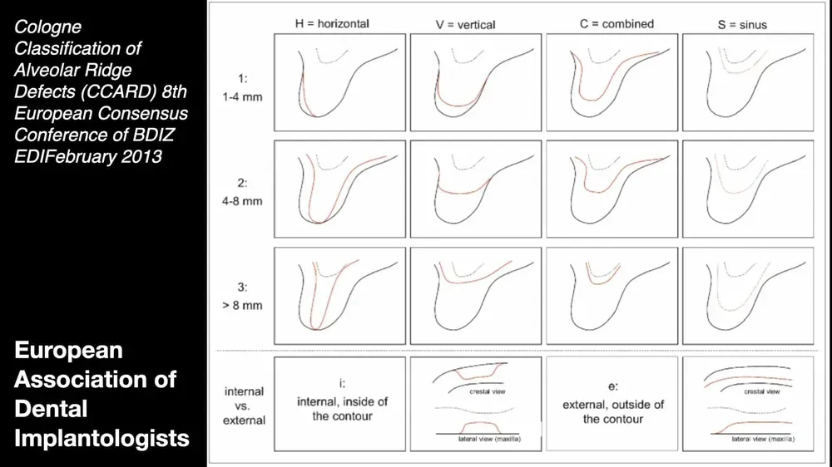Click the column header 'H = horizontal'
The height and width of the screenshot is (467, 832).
331,24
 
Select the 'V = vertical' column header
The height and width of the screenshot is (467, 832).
465,25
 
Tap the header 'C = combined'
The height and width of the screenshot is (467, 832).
617,24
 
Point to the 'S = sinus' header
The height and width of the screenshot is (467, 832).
742,25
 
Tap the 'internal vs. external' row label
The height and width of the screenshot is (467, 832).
244,406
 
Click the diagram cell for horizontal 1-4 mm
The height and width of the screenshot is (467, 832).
339,82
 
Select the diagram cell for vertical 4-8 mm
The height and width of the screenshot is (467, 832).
476,189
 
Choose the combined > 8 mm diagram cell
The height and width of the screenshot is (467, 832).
612,296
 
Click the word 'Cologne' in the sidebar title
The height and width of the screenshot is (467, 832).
48,27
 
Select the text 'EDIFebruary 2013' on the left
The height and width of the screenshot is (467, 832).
87,156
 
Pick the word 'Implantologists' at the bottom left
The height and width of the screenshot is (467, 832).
102,438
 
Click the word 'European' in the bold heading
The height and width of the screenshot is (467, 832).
68,351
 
